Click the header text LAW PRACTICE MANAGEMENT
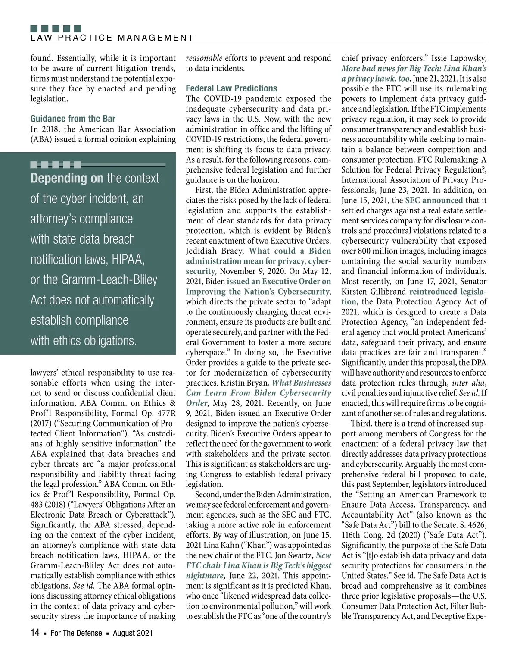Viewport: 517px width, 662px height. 112,38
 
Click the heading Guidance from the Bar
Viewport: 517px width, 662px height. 73,119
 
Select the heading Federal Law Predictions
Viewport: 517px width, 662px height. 231,88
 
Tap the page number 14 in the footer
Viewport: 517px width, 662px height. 35,633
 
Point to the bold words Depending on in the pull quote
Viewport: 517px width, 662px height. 67,179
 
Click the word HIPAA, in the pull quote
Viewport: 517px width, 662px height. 128,260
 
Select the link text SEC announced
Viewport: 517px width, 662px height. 434,200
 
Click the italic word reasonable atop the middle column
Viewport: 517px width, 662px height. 204,58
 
